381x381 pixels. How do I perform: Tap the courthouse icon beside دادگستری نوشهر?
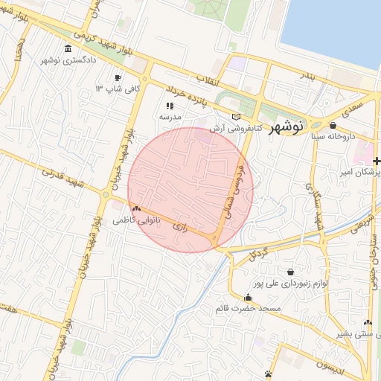pos(68,49)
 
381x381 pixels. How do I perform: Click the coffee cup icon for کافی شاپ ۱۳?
pos(118,77)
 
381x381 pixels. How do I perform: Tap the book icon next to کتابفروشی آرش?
pos(237,117)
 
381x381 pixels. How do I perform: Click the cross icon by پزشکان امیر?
pos(377,161)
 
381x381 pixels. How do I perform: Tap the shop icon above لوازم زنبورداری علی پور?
pos(289,272)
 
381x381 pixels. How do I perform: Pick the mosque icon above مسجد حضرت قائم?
pos(248,298)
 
